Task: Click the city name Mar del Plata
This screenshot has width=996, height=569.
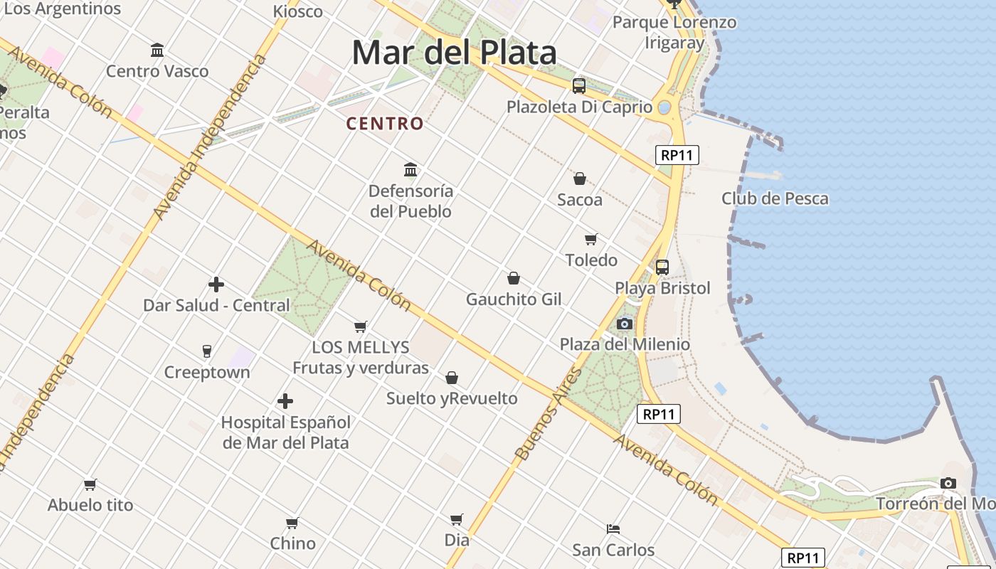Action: (454, 53)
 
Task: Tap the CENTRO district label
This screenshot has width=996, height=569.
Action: (385, 124)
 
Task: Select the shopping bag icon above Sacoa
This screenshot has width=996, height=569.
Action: (580, 179)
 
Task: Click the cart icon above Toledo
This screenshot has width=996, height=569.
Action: (590, 239)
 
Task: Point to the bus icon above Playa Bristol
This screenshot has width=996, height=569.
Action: (662, 267)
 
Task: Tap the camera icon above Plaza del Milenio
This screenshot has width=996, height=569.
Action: (625, 324)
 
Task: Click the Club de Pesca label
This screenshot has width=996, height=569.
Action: (775, 198)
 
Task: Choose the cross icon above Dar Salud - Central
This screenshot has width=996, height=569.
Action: (216, 284)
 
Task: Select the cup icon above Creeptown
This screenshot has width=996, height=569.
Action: (207, 351)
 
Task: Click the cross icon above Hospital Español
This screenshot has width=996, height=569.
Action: (285, 401)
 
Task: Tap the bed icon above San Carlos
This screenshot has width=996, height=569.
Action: (613, 528)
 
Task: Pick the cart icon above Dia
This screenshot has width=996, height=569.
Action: (457, 519)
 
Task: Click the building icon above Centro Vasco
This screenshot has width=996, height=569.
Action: (157, 50)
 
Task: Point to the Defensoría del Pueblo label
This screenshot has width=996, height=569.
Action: (410, 201)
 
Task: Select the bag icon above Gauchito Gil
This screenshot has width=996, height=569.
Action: (514, 278)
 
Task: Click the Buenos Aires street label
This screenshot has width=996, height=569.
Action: (548, 413)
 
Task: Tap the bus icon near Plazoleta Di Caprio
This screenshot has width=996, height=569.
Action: (579, 86)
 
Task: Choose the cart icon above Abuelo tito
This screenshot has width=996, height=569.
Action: (90, 484)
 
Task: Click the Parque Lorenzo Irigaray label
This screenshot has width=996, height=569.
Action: (674, 32)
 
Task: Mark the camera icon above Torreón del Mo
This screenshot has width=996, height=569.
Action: (948, 484)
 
